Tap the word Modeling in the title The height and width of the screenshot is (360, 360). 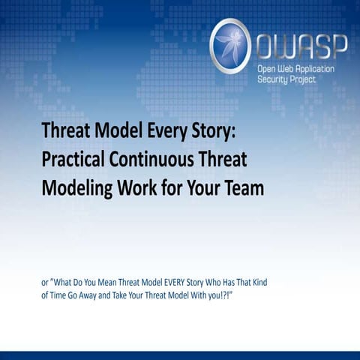(x=79, y=187)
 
